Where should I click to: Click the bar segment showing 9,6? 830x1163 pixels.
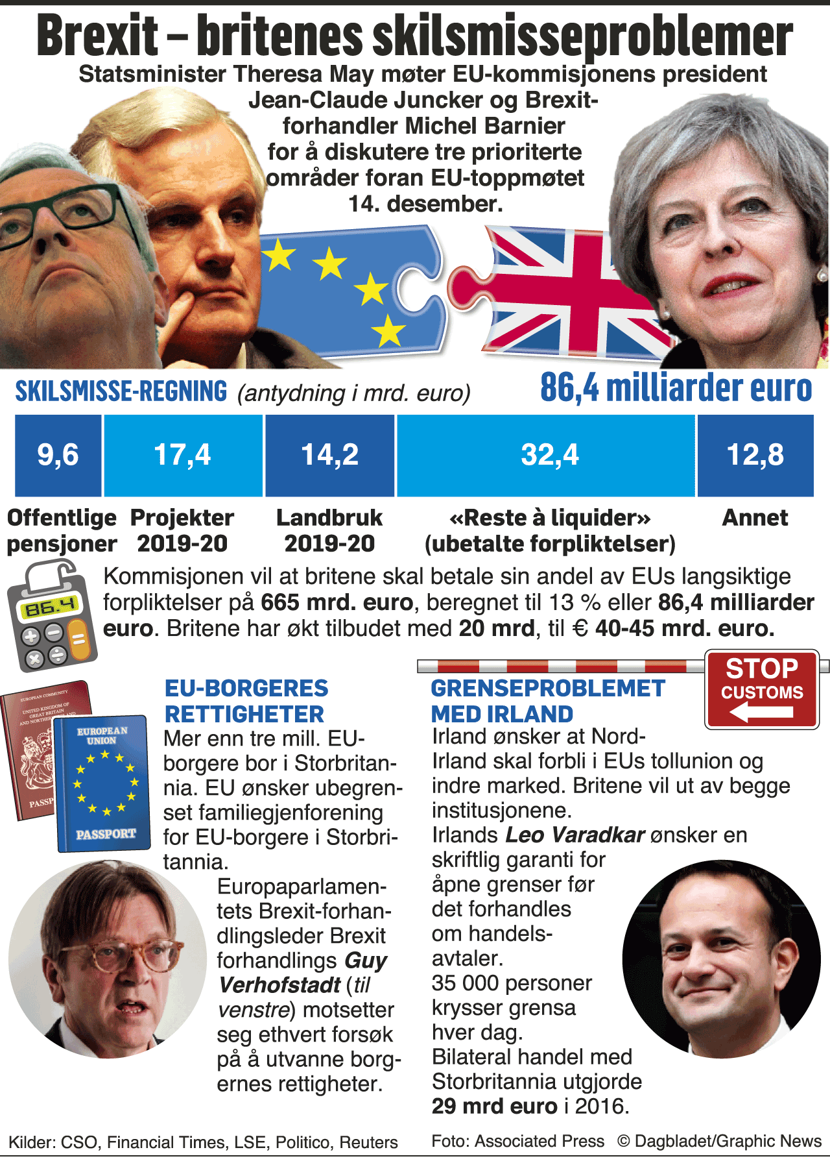(58, 455)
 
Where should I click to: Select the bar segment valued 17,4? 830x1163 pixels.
(183, 455)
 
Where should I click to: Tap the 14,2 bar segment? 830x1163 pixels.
(330, 455)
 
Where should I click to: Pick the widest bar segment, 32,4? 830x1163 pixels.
(546, 455)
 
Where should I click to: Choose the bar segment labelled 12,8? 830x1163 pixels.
(755, 455)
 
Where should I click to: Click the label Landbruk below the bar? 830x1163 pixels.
(329, 518)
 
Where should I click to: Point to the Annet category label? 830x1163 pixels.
(755, 518)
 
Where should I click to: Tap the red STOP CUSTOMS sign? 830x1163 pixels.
(762, 689)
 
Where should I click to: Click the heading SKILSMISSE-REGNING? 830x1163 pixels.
(121, 391)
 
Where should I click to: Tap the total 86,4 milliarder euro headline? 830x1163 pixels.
(676, 388)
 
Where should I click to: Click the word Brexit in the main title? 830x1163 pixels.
(97, 36)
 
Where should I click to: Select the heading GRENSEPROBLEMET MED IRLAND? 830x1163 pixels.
(548, 701)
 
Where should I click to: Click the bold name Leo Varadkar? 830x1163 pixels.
(575, 835)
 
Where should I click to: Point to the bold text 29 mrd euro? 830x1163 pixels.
(495, 1106)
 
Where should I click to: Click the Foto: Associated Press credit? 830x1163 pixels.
(517, 1141)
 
